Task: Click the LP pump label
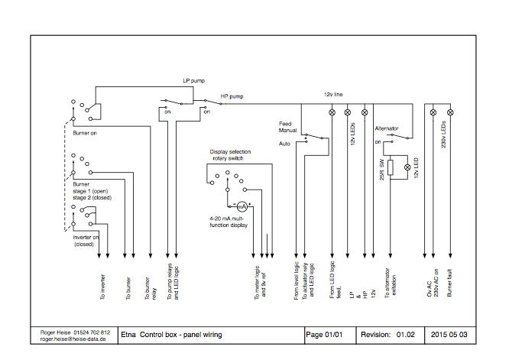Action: (x=194, y=80)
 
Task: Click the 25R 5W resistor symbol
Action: (x=391, y=168)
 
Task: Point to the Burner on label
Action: (x=86, y=132)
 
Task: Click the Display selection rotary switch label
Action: (x=230, y=155)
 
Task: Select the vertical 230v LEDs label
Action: (x=443, y=134)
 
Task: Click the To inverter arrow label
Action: (x=102, y=284)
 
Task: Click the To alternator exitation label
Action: (x=391, y=289)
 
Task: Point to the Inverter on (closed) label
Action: (x=86, y=241)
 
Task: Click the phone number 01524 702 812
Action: (x=93, y=332)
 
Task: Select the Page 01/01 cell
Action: (x=324, y=335)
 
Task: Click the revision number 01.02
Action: (x=405, y=335)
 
